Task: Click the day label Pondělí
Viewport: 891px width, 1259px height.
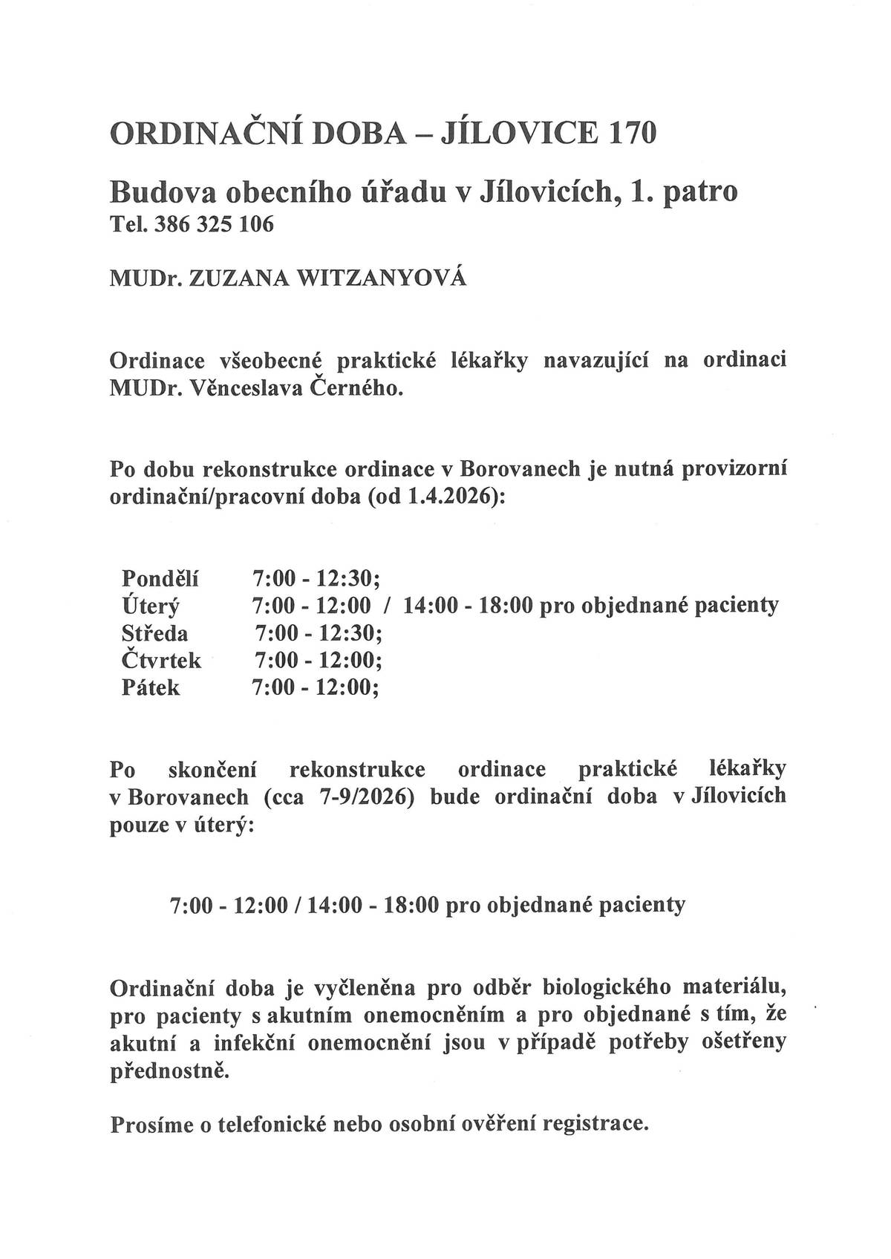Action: click(160, 578)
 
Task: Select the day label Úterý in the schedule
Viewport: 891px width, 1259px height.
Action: click(151, 606)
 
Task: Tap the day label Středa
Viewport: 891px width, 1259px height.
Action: click(154, 633)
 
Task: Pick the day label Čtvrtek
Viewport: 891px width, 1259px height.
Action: click(161, 660)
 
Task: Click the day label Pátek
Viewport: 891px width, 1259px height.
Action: click(150, 687)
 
